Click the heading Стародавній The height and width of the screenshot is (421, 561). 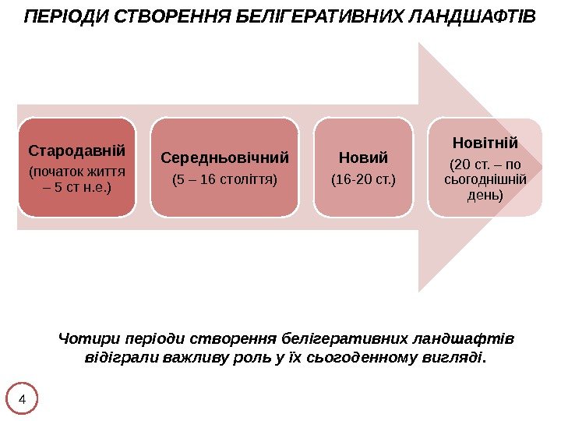[x=76, y=150]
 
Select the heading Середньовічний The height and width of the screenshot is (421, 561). [x=224, y=158]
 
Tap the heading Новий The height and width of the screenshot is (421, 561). [x=363, y=158]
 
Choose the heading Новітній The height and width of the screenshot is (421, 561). [x=485, y=143]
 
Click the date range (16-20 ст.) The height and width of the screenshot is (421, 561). [x=363, y=181]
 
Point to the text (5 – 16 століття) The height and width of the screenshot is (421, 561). [x=224, y=181]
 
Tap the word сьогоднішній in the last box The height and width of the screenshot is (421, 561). [x=485, y=180]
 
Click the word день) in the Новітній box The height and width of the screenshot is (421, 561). [x=485, y=194]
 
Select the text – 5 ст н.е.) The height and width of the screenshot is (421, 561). [x=76, y=187]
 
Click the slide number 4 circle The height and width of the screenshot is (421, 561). [x=22, y=400]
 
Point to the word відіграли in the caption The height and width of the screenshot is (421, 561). [x=116, y=359]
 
